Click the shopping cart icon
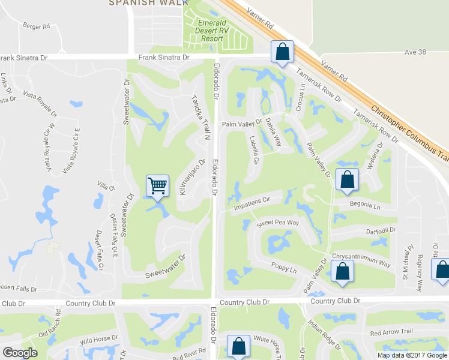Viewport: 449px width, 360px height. [x=157, y=185]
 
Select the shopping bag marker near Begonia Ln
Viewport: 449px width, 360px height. [x=347, y=179]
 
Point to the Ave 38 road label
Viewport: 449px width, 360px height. [x=415, y=52]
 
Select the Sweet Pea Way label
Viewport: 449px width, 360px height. [x=278, y=223]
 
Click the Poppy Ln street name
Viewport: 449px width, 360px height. [x=284, y=269]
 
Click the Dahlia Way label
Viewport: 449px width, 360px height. [x=274, y=132]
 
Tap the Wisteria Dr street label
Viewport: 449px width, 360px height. [x=378, y=157]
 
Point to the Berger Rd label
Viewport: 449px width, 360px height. [x=34, y=25]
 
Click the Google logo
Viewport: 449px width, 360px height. [x=20, y=353]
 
